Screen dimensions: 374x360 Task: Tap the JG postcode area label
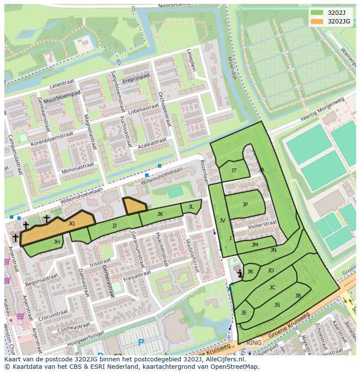(x=72, y=223)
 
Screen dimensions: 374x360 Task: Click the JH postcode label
(x=57, y=242)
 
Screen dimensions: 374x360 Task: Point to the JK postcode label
(x=160, y=214)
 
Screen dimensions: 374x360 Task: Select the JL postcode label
(x=191, y=207)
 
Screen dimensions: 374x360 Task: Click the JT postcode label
(x=234, y=170)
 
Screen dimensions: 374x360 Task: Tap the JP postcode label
(x=245, y=204)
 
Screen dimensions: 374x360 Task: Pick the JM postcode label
(x=255, y=245)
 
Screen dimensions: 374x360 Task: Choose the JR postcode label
(x=250, y=272)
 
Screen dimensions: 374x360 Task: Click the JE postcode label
(x=244, y=312)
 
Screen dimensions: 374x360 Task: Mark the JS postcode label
(x=277, y=304)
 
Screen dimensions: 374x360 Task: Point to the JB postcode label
(x=298, y=296)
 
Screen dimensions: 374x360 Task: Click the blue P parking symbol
(x=141, y=343)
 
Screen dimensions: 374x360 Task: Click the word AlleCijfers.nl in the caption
(x=225, y=359)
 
